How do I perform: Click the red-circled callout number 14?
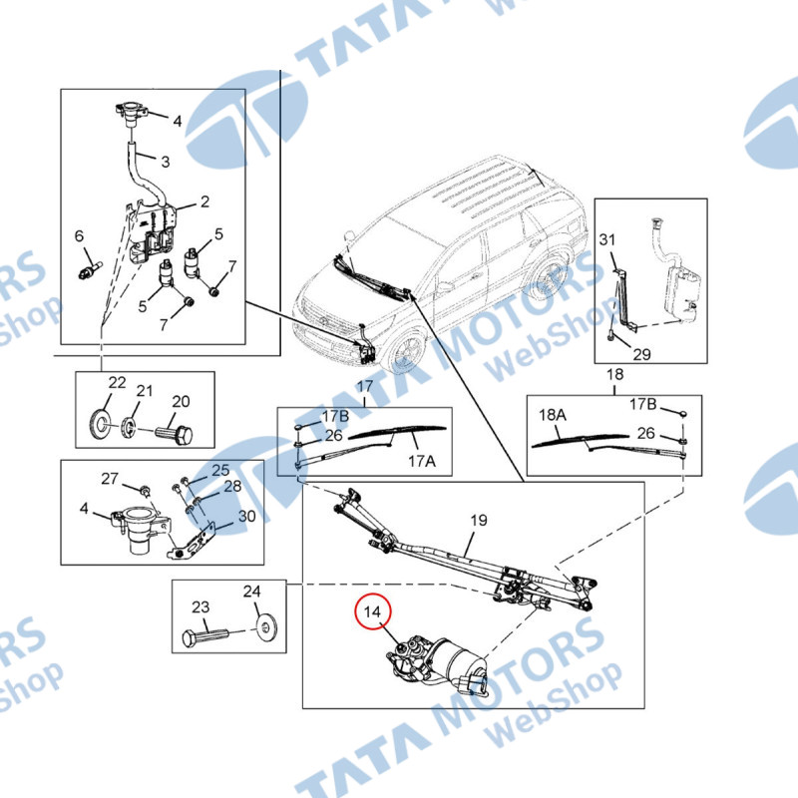372,611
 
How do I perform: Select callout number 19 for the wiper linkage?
479,520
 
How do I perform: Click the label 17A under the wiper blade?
422,461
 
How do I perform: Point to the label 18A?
553,415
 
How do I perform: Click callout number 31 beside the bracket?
607,239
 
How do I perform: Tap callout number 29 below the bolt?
641,354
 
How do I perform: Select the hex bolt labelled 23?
206,636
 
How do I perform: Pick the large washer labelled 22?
101,422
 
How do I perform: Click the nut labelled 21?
130,426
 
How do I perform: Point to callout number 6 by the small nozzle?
79,236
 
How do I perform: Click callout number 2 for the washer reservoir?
204,202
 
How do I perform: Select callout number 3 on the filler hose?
166,162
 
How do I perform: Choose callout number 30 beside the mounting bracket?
246,516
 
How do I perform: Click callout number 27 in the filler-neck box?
110,479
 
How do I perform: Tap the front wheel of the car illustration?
408,350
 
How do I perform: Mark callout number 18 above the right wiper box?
614,375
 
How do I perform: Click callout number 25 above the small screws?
220,470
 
